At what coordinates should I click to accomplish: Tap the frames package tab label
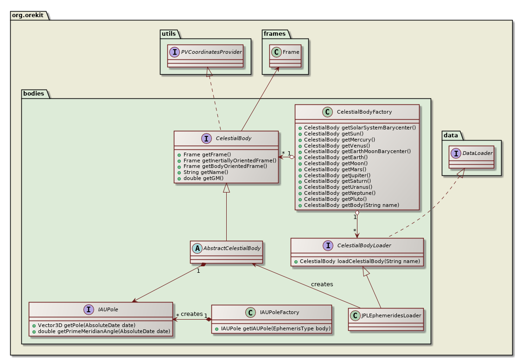[274, 34]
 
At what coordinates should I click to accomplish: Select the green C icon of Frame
[277, 52]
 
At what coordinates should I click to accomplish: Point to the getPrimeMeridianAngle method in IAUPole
[101, 331]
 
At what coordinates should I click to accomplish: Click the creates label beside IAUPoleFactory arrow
[191, 314]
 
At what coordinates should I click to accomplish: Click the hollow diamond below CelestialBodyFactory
[357, 213]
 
